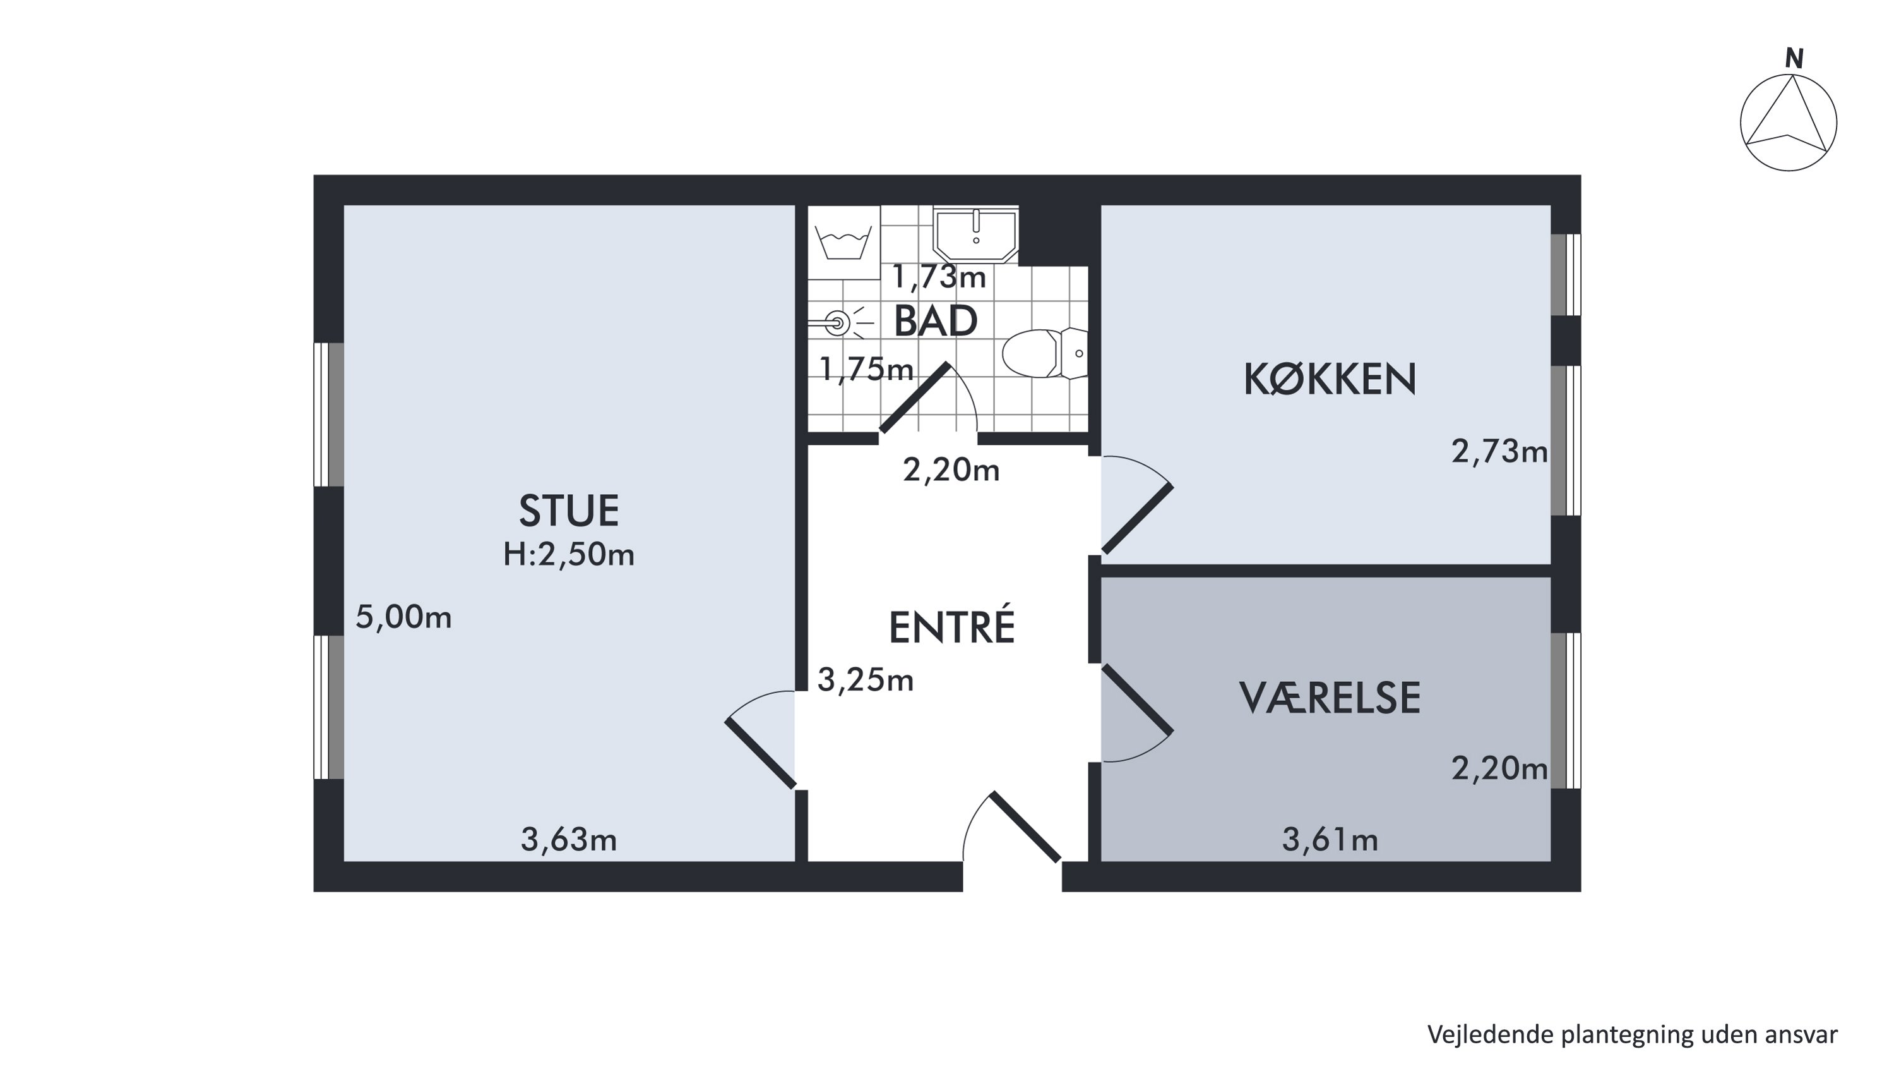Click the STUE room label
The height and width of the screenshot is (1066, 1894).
click(x=568, y=511)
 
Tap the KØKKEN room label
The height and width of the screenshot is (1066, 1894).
click(x=1330, y=380)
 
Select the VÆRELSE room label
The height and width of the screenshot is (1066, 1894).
click(x=1330, y=698)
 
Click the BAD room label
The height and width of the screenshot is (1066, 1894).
click(x=935, y=321)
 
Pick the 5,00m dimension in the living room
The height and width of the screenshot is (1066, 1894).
click(x=403, y=617)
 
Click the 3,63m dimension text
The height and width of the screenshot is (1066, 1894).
click(x=568, y=839)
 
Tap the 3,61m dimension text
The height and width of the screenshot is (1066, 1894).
click(x=1330, y=839)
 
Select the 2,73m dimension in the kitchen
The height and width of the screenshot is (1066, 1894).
click(x=1499, y=451)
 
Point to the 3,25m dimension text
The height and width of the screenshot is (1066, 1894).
click(x=866, y=680)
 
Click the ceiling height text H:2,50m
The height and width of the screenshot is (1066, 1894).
click(x=568, y=554)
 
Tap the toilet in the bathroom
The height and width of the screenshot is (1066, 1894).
click(x=1045, y=353)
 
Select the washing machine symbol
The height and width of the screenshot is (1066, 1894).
click(x=844, y=242)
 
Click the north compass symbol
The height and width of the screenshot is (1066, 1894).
click(x=1788, y=123)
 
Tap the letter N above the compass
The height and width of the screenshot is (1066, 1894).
click(x=1795, y=58)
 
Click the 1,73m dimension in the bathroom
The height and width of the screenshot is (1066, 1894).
click(x=939, y=277)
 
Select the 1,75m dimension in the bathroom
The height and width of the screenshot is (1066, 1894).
click(x=866, y=368)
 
